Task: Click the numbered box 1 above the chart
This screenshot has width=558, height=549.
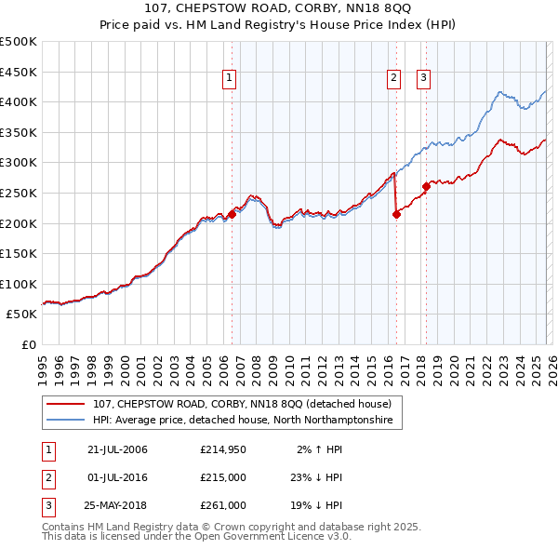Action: (x=229, y=79)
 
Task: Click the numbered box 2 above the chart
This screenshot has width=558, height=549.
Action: (x=394, y=79)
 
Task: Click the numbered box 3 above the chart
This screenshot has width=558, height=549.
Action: (x=423, y=79)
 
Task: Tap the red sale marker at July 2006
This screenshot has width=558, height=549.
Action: (x=232, y=214)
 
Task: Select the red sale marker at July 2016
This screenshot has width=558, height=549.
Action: (x=396, y=214)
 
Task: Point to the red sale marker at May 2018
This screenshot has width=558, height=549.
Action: (x=426, y=186)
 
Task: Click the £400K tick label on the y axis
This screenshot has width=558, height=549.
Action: (x=19, y=101)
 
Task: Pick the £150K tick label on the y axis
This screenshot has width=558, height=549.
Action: (x=19, y=253)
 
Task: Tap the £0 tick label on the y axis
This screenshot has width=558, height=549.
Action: (x=27, y=344)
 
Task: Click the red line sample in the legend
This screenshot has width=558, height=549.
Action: (x=66, y=404)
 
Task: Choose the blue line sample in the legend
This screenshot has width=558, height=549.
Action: (x=66, y=421)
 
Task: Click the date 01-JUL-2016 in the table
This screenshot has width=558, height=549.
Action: (x=117, y=478)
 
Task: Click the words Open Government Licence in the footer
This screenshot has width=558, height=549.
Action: (x=247, y=537)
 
